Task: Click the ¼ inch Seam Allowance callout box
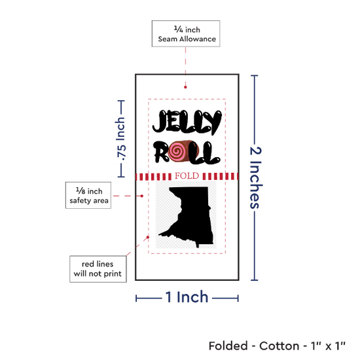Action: tap(186, 33)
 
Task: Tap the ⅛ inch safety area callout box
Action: tap(88, 196)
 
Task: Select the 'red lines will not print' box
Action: tap(98, 269)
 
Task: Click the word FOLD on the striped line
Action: tap(187, 176)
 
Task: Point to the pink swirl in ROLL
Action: tap(177, 151)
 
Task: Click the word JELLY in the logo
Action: tap(187, 122)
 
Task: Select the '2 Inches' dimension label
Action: tap(256, 177)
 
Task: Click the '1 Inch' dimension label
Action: tap(187, 297)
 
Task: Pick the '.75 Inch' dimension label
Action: tap(121, 139)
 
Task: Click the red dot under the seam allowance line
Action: tap(185, 87)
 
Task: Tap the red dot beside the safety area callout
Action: tap(142, 196)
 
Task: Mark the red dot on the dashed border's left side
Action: tap(148, 237)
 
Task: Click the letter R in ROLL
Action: tap(161, 152)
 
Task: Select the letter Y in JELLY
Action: tap(213, 122)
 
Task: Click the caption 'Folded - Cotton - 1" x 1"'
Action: tap(277, 346)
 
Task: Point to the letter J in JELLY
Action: tap(160, 122)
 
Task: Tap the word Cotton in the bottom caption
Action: tap(279, 346)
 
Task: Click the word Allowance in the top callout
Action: tap(198, 39)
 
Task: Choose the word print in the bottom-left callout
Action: tap(112, 274)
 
